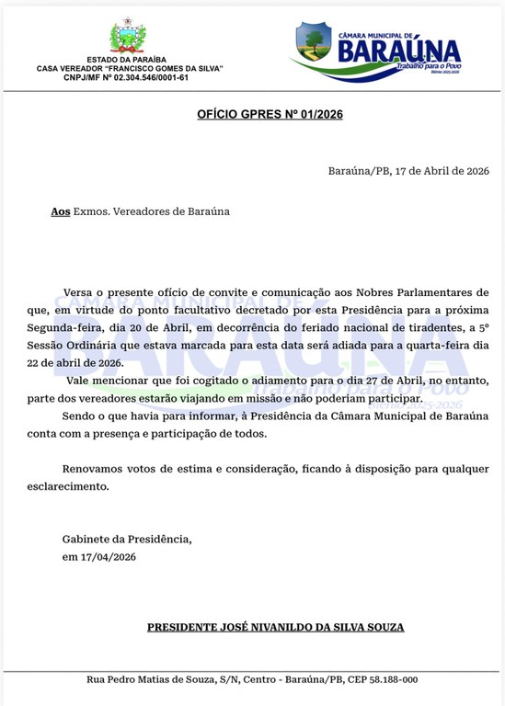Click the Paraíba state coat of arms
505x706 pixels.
(128, 38)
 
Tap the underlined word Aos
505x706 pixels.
(61, 211)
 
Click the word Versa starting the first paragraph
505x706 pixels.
(78, 292)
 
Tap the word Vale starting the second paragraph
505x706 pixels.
(80, 381)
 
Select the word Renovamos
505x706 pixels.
(94, 468)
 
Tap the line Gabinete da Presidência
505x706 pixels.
(127, 539)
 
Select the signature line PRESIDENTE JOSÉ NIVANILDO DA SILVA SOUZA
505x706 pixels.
(275, 628)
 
